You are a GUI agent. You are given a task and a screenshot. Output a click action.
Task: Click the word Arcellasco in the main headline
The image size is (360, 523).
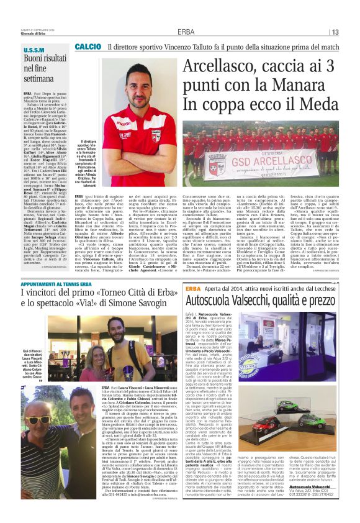pyautogui.click(x=221, y=66)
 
